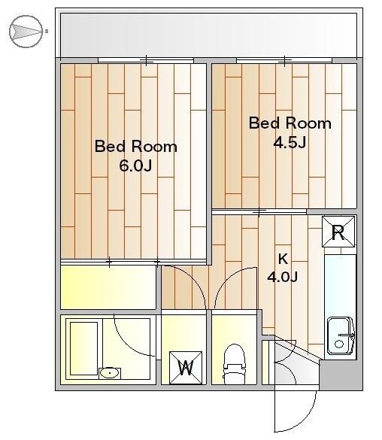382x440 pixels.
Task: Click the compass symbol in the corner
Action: pyautogui.click(x=26, y=31)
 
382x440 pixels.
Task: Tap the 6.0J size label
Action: pyautogui.click(x=135, y=165)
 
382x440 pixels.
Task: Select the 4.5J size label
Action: pyautogui.click(x=290, y=142)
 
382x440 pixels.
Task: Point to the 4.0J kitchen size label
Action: pyautogui.click(x=282, y=278)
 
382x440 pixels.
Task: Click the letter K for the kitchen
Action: pyautogui.click(x=283, y=259)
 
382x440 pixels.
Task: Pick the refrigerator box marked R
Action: pyautogui.click(x=338, y=232)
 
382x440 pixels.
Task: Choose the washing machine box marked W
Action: pyautogui.click(x=186, y=368)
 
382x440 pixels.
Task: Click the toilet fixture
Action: pyautogui.click(x=234, y=364)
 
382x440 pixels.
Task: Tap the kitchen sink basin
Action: pyautogui.click(x=341, y=335)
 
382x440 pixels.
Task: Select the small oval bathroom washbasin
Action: pyautogui.click(x=110, y=373)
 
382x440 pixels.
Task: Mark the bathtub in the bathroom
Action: pyautogui.click(x=84, y=348)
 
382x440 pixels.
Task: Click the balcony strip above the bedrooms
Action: pyautogui.click(x=208, y=35)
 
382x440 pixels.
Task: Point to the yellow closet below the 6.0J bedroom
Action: pyautogui.click(x=108, y=287)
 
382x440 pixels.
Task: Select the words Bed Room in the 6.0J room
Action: pyautogui.click(x=136, y=146)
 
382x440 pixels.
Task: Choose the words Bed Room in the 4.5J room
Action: pyautogui.click(x=290, y=123)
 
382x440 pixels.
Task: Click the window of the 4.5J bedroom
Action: pyautogui.click(x=284, y=60)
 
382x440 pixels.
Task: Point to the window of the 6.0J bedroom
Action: pyautogui.click(x=146, y=60)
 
